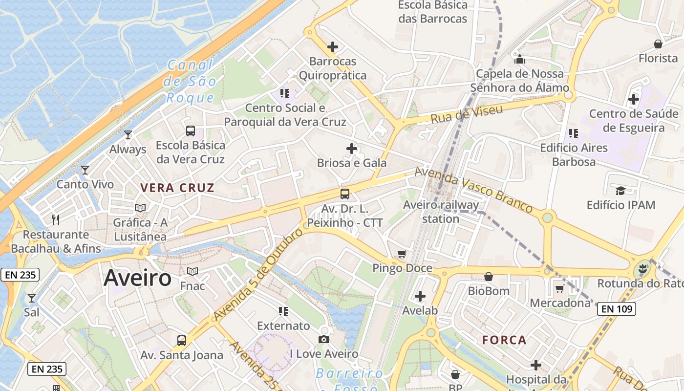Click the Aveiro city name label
137,278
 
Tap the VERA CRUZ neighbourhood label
177,188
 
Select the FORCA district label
504,340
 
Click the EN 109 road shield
616,308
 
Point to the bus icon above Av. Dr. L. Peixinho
345,194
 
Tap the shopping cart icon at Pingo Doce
402,254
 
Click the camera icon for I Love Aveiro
323,339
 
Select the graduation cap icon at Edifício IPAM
620,191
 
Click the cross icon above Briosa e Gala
351,148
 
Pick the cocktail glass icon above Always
128,134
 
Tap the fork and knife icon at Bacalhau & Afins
56,220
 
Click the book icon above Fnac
192,271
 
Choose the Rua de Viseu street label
467,114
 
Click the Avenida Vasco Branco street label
473,190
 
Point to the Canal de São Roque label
191,81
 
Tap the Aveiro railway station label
441,212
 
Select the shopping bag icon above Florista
658,44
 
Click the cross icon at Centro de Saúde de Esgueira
634,99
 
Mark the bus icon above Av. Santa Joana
182,340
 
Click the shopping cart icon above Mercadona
560,288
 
